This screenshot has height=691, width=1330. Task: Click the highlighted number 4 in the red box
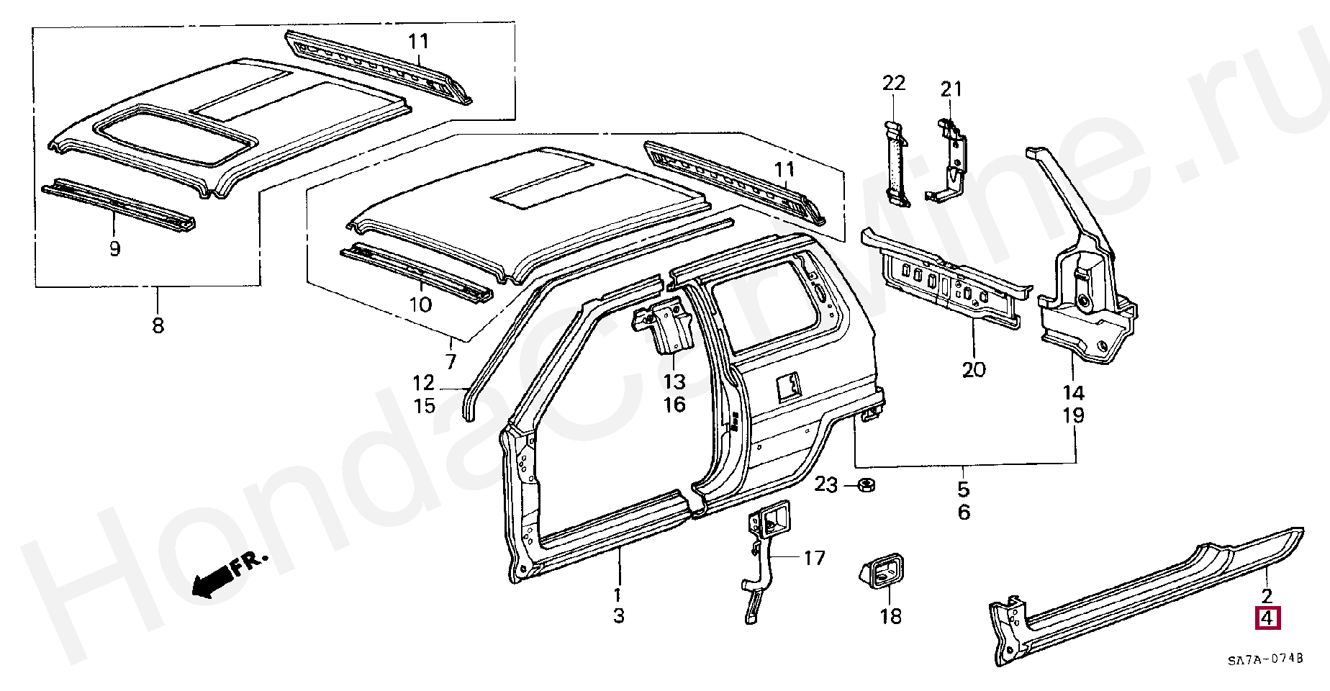coord(1267,618)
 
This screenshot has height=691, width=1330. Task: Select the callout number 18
coord(891,616)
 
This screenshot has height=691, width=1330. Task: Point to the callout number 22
coord(894,83)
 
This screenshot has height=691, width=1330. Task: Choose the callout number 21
coord(951,90)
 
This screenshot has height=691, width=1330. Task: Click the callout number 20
coord(973,370)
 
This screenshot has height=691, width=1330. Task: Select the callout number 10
coord(420,304)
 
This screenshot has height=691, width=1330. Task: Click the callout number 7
coord(451,361)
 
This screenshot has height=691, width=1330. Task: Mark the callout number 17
coord(814,558)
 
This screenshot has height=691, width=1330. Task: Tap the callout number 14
coord(1072,393)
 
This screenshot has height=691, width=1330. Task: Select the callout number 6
coord(964,512)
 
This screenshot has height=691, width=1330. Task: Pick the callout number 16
coord(674,405)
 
